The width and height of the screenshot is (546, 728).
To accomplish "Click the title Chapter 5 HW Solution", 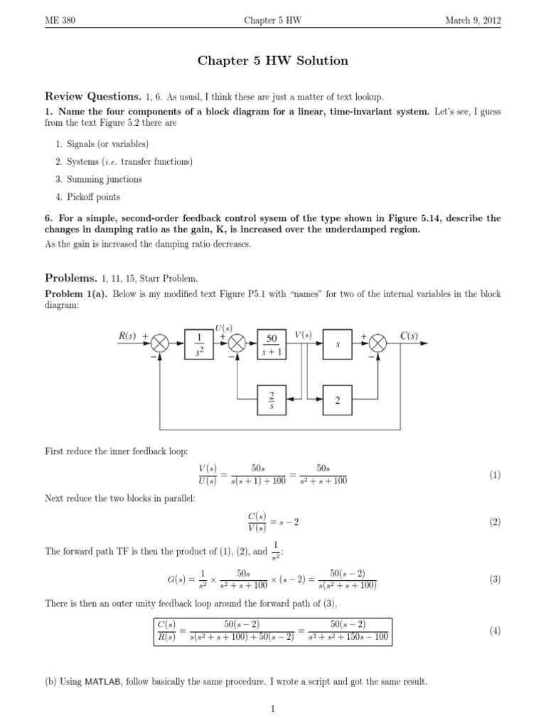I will (x=272, y=61).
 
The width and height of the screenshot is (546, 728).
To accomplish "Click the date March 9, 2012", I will (x=473, y=21).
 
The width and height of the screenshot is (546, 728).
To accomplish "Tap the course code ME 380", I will (x=60, y=21).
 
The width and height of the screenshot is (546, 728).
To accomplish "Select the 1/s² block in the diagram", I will (x=198, y=343).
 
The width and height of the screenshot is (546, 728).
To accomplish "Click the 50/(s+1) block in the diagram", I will (x=271, y=343).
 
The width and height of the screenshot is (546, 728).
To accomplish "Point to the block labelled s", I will (x=337, y=343).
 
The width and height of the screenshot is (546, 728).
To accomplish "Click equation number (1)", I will (x=495, y=475).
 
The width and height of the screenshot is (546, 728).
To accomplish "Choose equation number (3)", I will (x=495, y=579).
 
